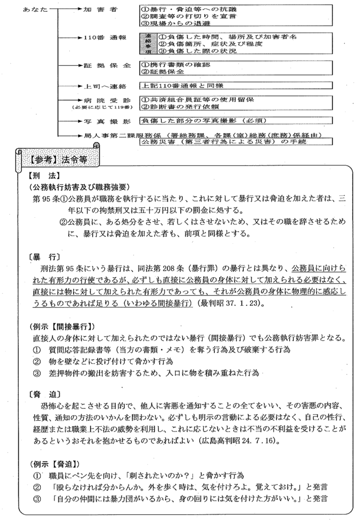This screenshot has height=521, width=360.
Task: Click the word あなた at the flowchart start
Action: pyautogui.click(x=34, y=9)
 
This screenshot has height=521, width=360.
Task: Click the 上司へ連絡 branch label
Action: pyautogui.click(x=101, y=86)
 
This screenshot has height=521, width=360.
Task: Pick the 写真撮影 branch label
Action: pyautogui.click(x=101, y=121)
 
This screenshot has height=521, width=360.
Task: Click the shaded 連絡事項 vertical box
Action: pyautogui.click(x=148, y=44)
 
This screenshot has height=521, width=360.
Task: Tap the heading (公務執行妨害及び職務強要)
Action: pyautogui.click(x=81, y=187)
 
